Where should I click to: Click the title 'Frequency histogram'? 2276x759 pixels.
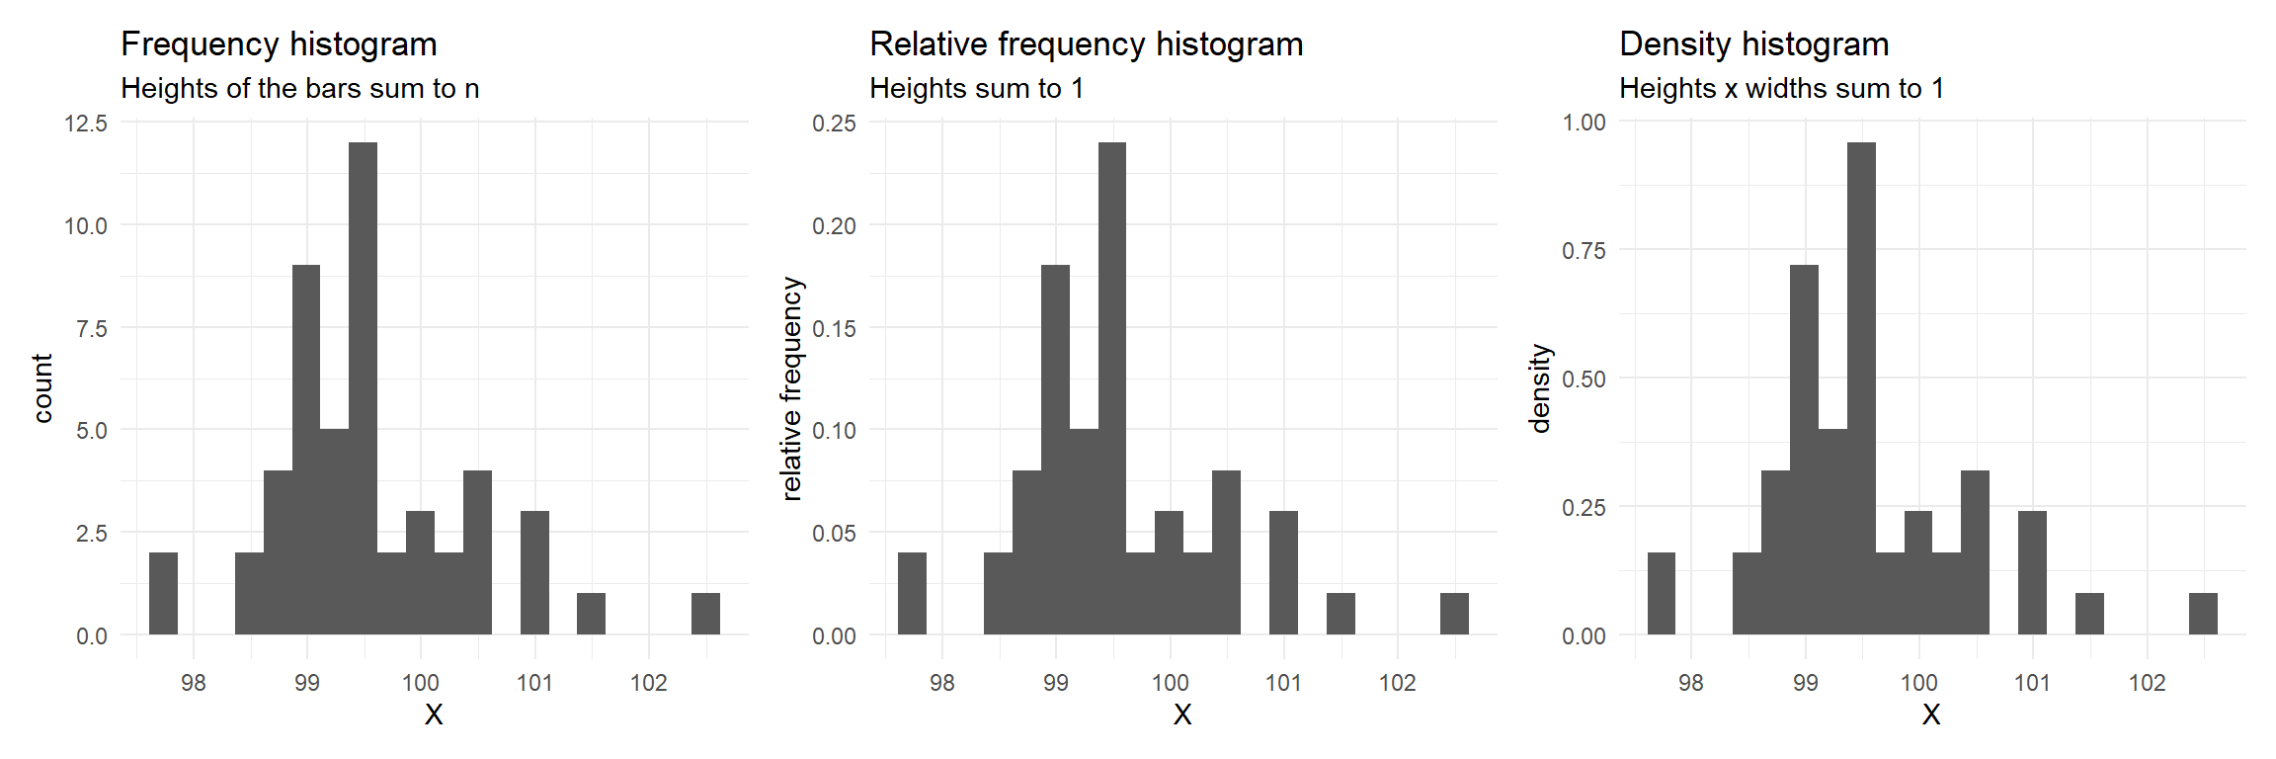coord(279,44)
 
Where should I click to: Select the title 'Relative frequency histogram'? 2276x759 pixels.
coord(1086,44)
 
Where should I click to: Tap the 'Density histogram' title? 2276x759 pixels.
coord(1753,44)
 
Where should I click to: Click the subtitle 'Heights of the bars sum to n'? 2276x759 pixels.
coord(299,89)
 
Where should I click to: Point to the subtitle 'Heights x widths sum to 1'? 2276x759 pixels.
coord(1781,89)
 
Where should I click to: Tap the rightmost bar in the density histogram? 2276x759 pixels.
coord(2203,614)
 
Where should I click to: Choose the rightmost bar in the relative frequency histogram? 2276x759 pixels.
coord(1454,614)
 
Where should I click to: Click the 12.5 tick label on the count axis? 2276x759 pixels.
coord(86,124)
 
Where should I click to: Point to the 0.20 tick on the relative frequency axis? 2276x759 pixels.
coord(834,226)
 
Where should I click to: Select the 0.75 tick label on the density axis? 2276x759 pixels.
coord(1584,251)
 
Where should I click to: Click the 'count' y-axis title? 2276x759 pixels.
coord(42,388)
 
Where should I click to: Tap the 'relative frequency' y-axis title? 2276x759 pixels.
coord(791,388)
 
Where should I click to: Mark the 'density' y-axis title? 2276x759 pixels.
coord(1540,388)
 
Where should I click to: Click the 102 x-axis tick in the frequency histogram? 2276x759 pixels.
coord(648,683)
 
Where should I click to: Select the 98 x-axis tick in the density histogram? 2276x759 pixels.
coord(1690,683)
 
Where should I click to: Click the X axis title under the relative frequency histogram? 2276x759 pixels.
coord(1182,715)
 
